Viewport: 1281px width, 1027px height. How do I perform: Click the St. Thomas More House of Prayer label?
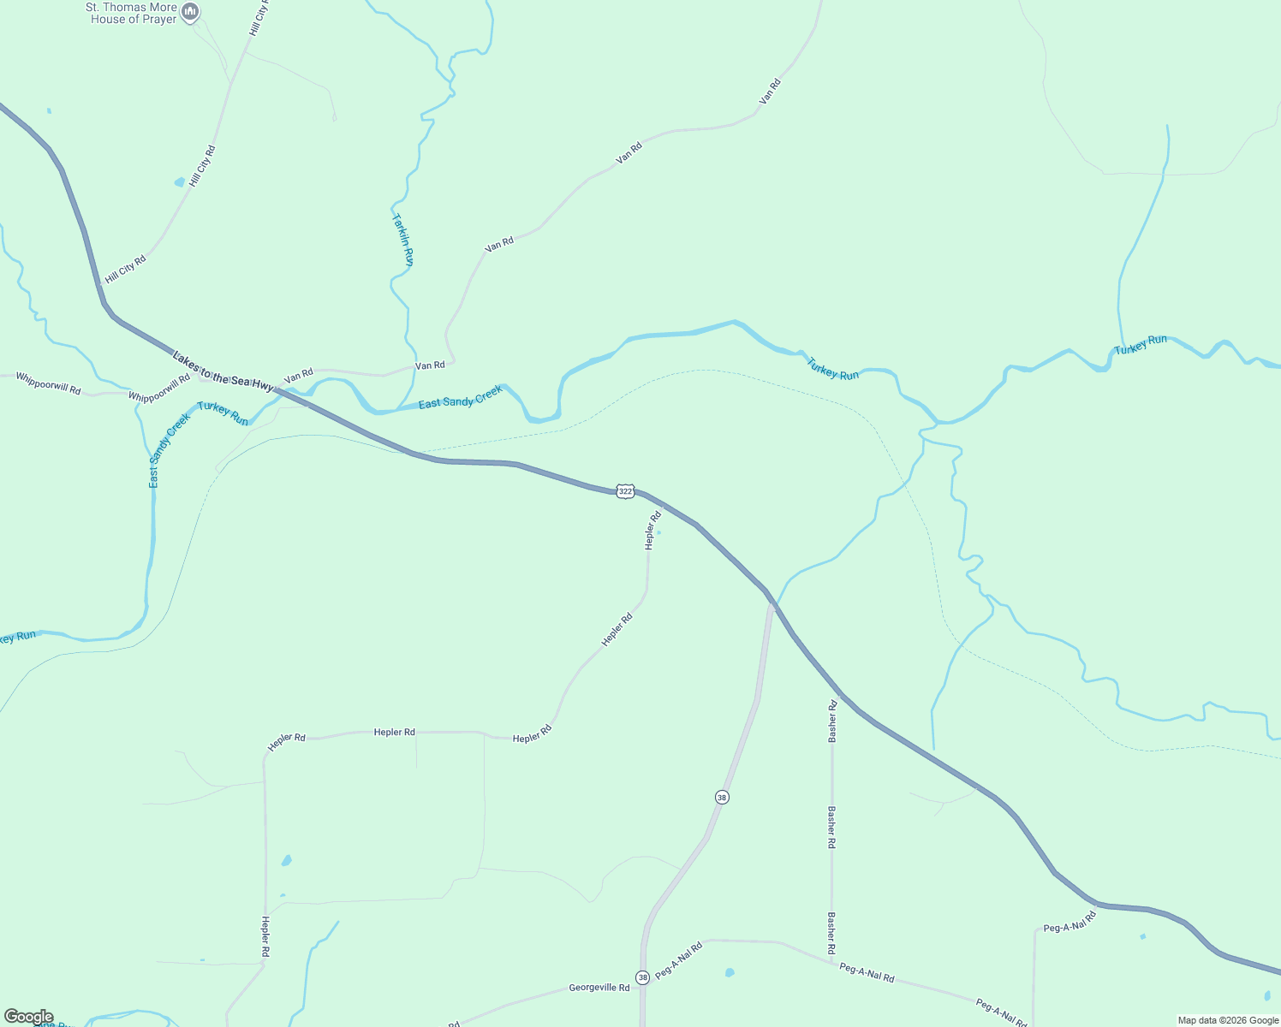pyautogui.click(x=133, y=13)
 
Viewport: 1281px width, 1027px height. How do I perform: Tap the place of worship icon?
pyautogui.click(x=191, y=12)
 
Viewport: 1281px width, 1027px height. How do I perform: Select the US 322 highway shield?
pyautogui.click(x=626, y=491)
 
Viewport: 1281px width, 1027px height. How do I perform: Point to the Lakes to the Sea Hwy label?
pyautogui.click(x=223, y=371)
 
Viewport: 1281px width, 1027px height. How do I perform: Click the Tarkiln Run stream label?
pyautogui.click(x=403, y=240)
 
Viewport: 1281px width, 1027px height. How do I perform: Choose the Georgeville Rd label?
pyautogui.click(x=599, y=988)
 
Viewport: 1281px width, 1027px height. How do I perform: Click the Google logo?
pyautogui.click(x=28, y=1017)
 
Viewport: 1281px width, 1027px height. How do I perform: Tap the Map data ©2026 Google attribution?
pyautogui.click(x=1227, y=1020)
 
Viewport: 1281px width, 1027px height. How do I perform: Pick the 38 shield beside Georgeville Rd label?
pyautogui.click(x=642, y=977)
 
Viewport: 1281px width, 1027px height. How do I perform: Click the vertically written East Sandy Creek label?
pyautogui.click(x=169, y=451)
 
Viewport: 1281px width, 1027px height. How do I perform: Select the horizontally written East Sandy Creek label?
pyautogui.click(x=460, y=397)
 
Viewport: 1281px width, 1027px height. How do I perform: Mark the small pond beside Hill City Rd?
pyautogui.click(x=179, y=182)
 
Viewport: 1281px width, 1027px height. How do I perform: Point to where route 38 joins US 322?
pyautogui.click(x=772, y=602)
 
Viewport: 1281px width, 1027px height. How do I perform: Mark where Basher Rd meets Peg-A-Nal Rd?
pyautogui.click(x=831, y=963)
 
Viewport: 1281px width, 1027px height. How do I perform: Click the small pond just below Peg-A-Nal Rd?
pyautogui.click(x=729, y=972)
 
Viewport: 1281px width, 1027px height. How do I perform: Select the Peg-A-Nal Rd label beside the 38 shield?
pyautogui.click(x=678, y=960)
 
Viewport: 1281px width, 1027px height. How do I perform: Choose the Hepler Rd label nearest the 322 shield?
pyautogui.click(x=653, y=529)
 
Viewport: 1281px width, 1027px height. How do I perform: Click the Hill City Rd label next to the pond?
pyautogui.click(x=202, y=166)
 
